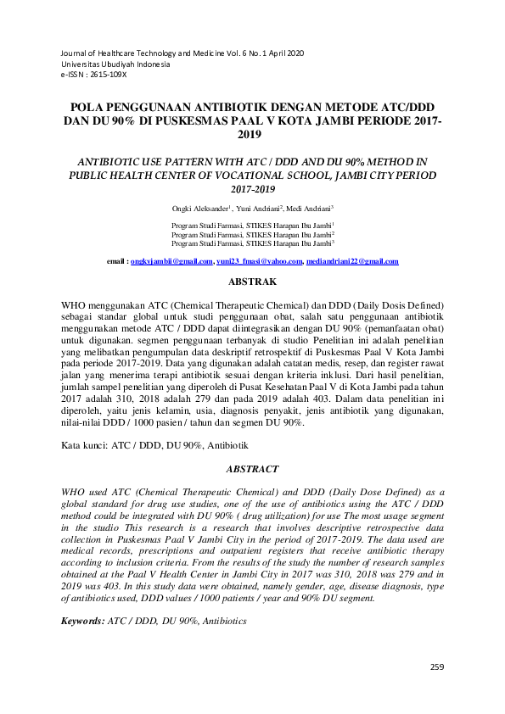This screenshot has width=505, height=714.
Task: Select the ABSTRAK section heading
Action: click(x=252, y=281)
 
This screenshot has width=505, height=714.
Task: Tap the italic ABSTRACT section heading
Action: click(x=252, y=468)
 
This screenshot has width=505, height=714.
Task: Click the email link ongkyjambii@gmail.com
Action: click(x=172, y=262)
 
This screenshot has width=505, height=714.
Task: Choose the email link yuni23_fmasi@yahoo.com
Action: click(x=259, y=262)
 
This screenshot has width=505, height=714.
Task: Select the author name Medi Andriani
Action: click(x=308, y=208)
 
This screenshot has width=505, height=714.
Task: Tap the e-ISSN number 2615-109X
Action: click(x=108, y=75)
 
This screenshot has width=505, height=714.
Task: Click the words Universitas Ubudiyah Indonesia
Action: click(x=115, y=64)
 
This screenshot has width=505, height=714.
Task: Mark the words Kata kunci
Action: click(x=84, y=445)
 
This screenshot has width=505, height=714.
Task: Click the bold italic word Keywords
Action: click(x=81, y=622)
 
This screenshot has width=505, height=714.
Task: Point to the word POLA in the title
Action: click(x=87, y=108)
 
